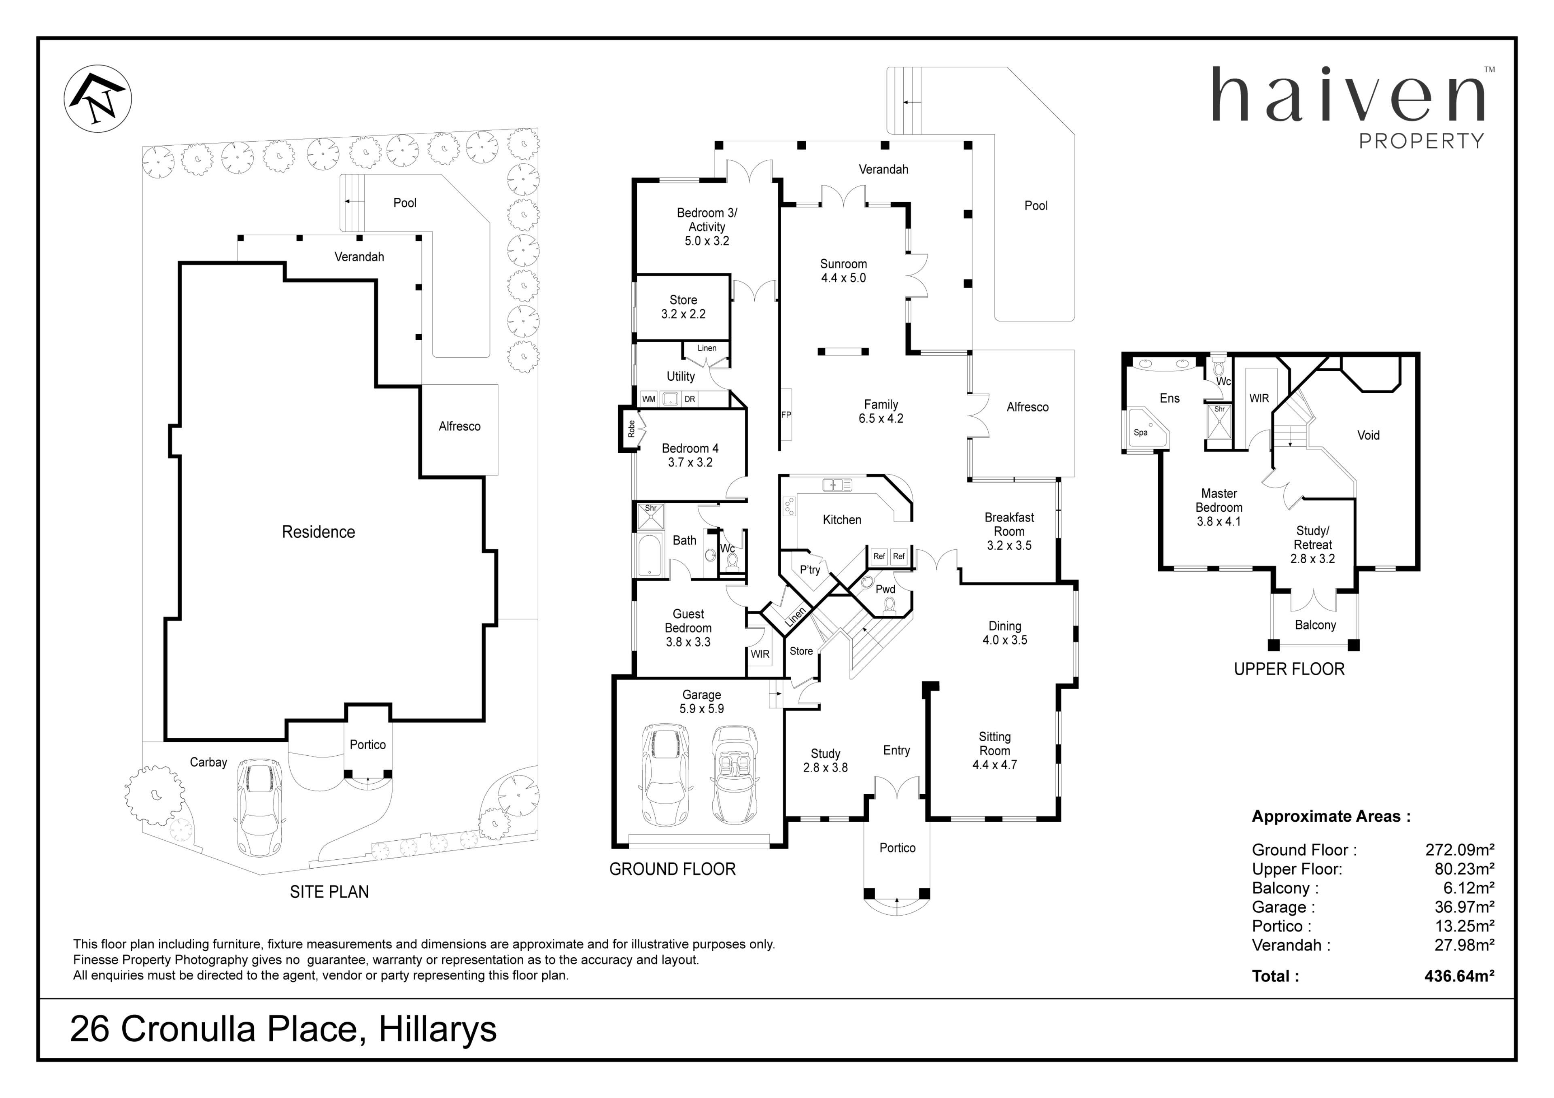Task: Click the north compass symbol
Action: (98, 99)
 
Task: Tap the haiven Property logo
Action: (1350, 107)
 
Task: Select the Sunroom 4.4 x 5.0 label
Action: (843, 271)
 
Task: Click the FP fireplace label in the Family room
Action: (786, 415)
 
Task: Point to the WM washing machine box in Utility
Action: (648, 399)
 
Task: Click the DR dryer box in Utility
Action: (690, 399)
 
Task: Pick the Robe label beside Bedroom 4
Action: (631, 428)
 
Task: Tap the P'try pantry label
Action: (809, 570)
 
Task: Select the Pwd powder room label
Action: (885, 589)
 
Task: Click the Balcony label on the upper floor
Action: (1315, 625)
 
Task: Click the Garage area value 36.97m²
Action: (1464, 907)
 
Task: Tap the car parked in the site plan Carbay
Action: (260, 808)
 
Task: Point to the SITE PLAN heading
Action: (329, 892)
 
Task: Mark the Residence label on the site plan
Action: (318, 532)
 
